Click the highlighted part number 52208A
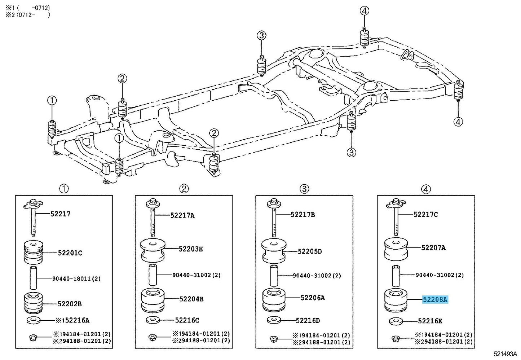coord(435,299)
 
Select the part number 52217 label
coord(60,214)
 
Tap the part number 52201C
coord(70,253)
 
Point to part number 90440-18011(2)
coord(76,278)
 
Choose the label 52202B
coord(70,304)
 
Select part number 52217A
coord(182,215)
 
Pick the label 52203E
coord(191,249)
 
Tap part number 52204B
coord(191,299)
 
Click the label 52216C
coord(187,320)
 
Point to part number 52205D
coord(310,251)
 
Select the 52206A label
coord(313,298)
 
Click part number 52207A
coord(433,248)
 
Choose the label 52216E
coord(430,321)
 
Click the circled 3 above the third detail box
coord(304,189)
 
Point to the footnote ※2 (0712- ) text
coord(27,15)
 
